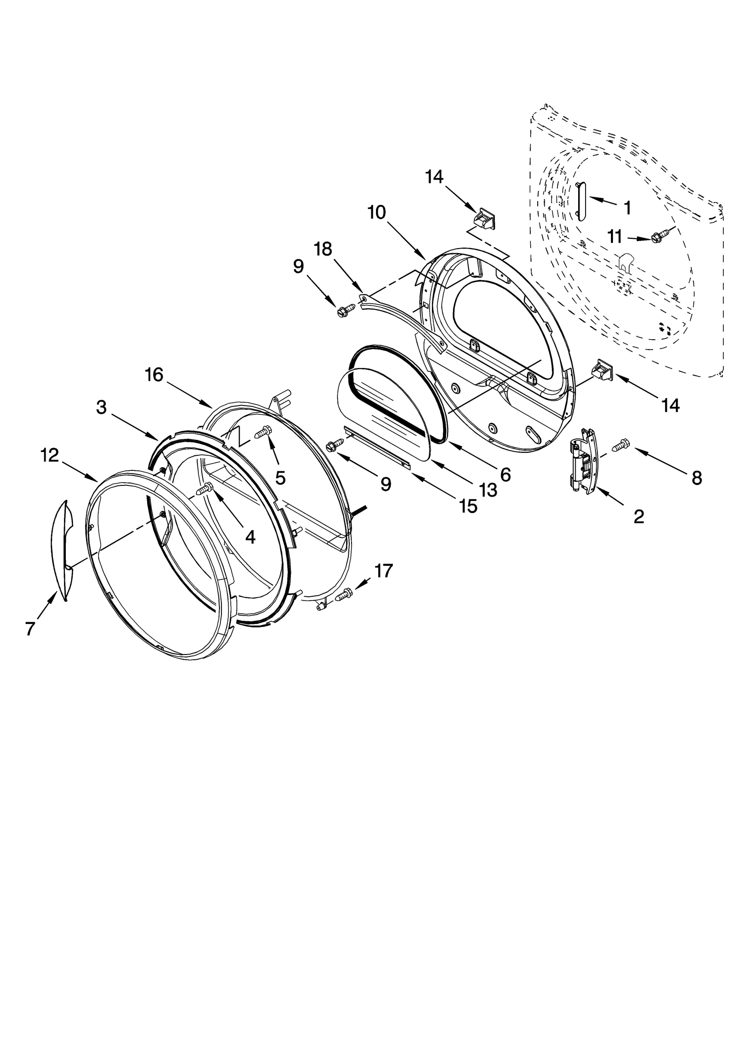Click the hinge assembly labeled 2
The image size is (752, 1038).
pos(583,461)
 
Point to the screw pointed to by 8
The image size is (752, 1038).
pos(621,443)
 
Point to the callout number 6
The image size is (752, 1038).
pos(505,475)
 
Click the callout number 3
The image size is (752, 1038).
pos(101,407)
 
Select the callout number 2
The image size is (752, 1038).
pos(638,517)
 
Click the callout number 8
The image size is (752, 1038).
pos(696,478)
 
